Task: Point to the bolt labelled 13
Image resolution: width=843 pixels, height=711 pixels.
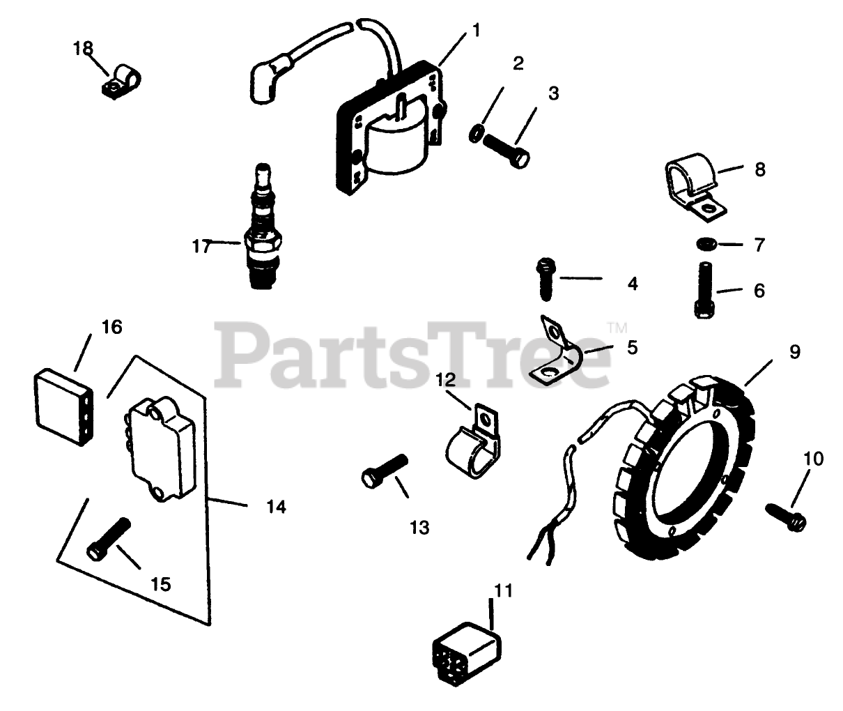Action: (384, 468)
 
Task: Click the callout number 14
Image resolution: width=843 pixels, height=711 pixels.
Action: (277, 507)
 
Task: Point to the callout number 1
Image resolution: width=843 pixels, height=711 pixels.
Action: (477, 30)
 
